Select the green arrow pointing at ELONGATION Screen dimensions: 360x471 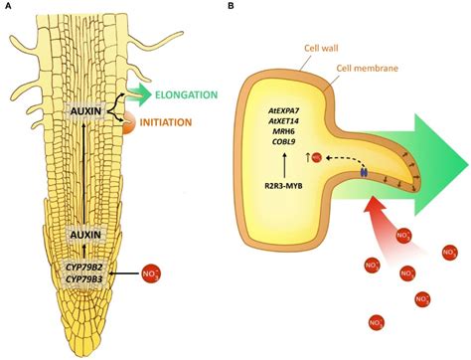pos(158,96)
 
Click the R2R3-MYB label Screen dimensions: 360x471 pos(285,186)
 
